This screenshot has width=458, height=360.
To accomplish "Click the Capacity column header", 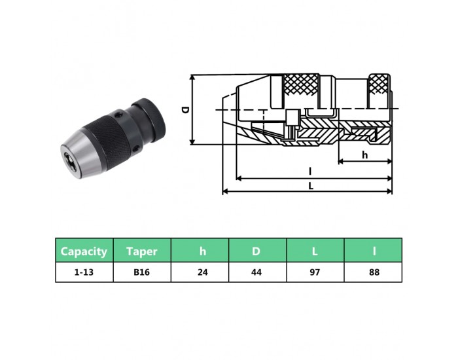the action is [x=84, y=251].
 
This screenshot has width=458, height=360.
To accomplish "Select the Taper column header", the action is [x=142, y=251].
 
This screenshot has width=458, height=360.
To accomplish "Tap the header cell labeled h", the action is [x=200, y=251].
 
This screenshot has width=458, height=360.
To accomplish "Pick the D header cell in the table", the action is [x=257, y=251].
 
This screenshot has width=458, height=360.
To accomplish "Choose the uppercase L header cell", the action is [x=315, y=251].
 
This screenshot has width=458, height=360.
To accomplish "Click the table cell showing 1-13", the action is [x=84, y=272].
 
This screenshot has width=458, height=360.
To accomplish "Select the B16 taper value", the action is [x=142, y=272].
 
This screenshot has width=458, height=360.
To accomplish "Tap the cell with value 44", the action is [x=257, y=272].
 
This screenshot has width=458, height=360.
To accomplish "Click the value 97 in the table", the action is [x=315, y=272].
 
